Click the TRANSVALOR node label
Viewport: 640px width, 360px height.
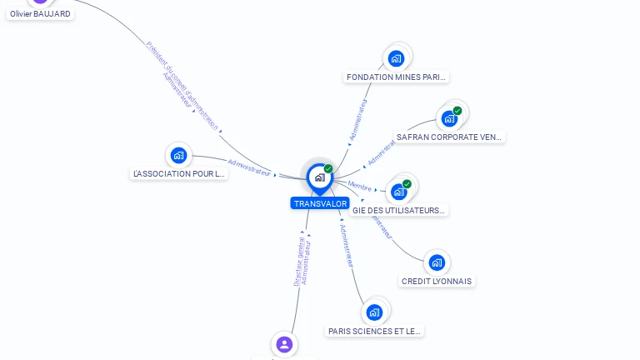coord(320,203)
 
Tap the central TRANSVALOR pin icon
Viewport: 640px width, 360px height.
coord(319,177)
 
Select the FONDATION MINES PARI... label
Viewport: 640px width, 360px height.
coord(397,77)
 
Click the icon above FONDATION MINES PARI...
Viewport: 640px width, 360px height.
coord(397,58)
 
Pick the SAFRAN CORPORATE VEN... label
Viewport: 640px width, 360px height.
coord(450,137)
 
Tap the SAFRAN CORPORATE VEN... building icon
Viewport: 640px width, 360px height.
coord(450,117)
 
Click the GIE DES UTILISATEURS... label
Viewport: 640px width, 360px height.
coord(399,211)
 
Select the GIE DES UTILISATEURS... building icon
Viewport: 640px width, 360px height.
coord(399,192)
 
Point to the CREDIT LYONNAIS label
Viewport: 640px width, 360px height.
coord(437,282)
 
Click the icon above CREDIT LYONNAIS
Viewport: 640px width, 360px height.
coord(437,262)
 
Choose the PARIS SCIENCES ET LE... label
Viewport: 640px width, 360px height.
coord(375,331)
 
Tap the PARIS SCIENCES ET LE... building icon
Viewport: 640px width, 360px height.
coord(375,312)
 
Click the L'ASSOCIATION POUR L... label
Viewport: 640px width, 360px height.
coord(179,174)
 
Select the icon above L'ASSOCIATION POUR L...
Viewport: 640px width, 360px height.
coord(178,155)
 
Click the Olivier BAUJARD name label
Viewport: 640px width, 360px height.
coord(40,14)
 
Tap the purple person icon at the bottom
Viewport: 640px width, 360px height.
coord(284,343)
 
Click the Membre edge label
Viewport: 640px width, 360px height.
coord(359,186)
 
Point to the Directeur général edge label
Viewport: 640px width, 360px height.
coord(299,262)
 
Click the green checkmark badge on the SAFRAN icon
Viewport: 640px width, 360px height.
coord(457,111)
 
